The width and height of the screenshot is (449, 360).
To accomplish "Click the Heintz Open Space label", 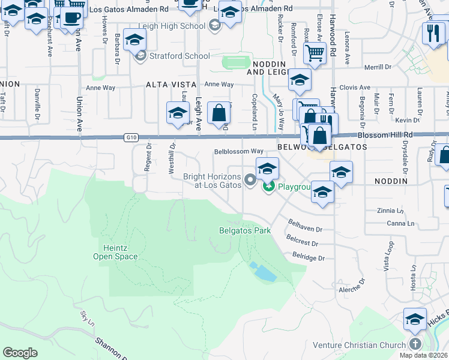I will [x=115, y=252].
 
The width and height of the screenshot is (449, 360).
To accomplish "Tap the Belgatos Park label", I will [x=244, y=230].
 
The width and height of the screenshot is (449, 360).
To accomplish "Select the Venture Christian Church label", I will [x=354, y=345].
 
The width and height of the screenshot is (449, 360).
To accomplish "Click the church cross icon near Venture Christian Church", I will [x=415, y=344].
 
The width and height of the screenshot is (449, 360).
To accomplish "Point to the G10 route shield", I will [x=132, y=137].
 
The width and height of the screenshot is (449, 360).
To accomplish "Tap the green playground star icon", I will [x=269, y=187].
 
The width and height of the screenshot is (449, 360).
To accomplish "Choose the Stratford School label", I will [x=180, y=56].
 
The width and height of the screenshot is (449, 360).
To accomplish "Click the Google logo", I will [x=20, y=352].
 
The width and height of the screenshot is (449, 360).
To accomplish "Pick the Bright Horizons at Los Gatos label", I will [x=212, y=180].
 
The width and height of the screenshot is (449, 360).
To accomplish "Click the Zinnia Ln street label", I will [x=390, y=211].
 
